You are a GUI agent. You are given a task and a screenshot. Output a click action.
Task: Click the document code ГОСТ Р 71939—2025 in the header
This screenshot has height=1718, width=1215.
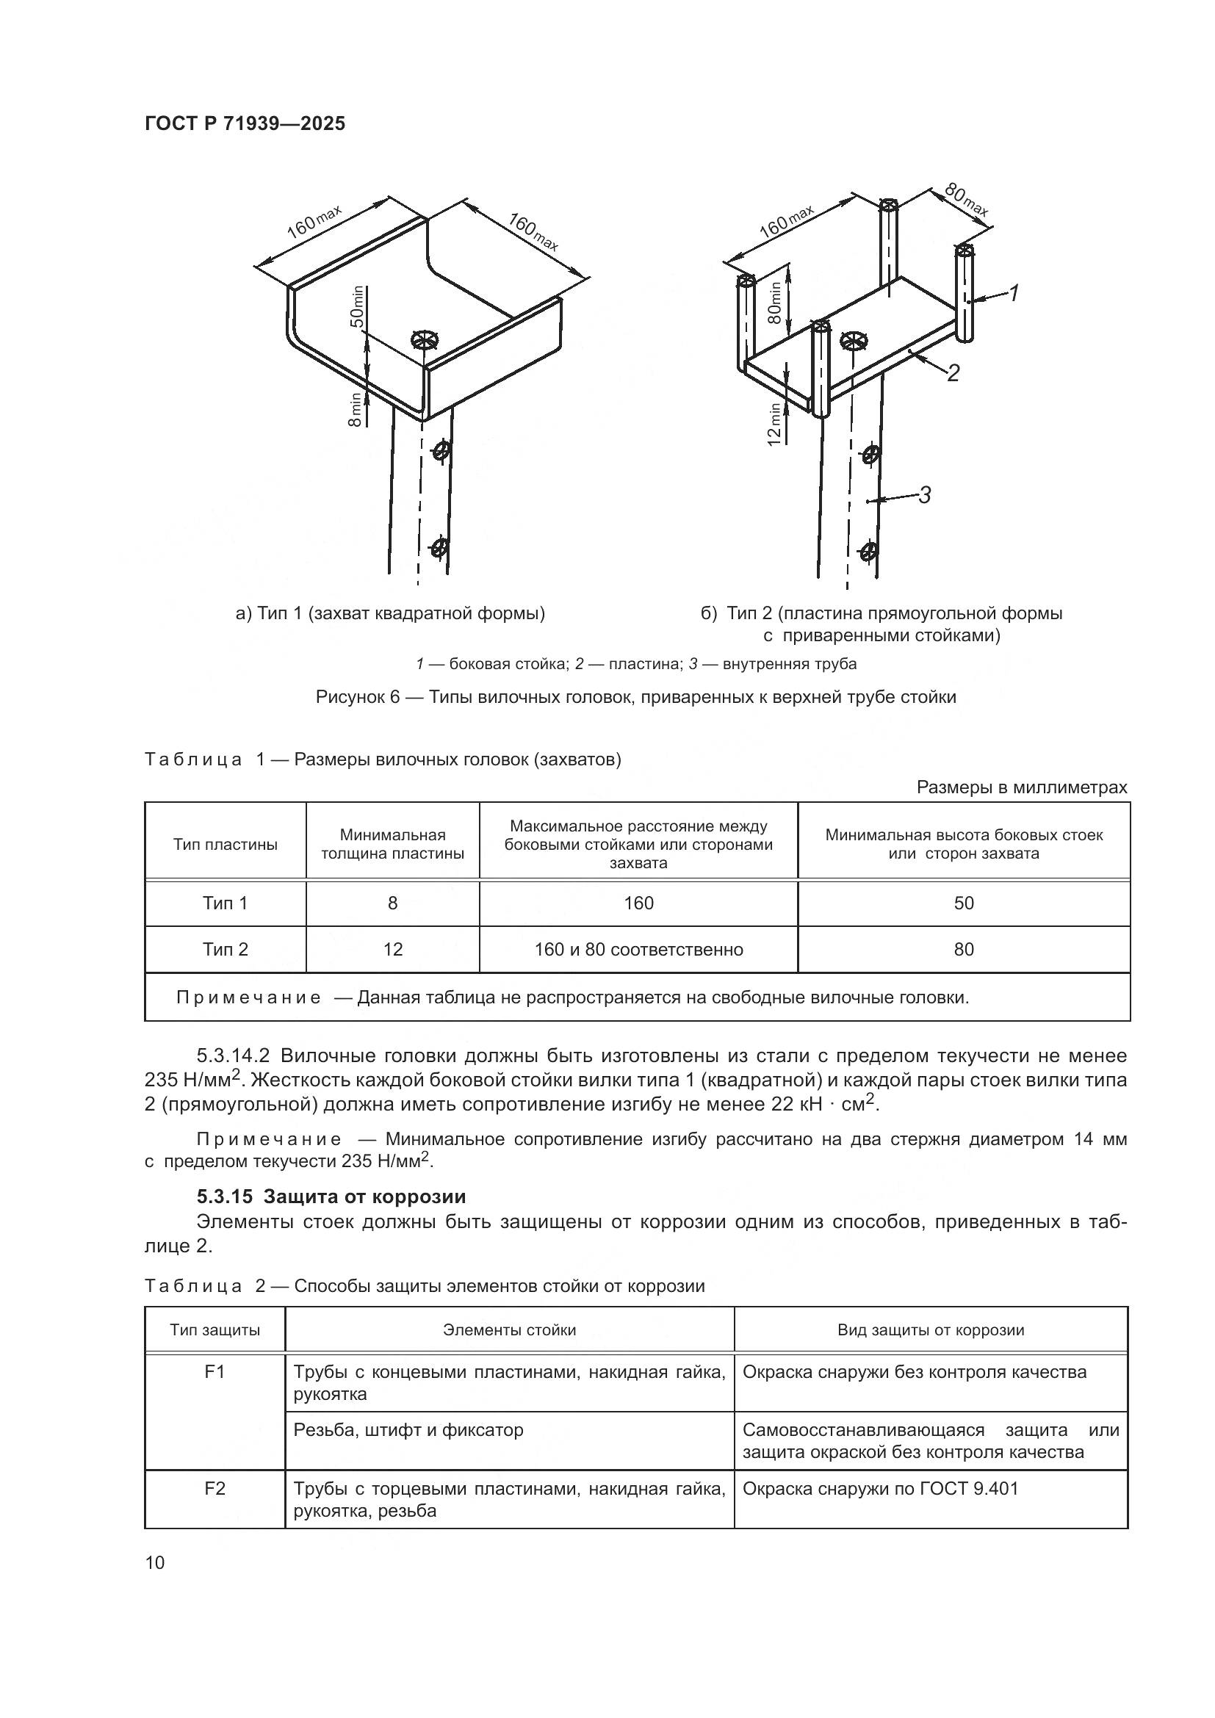(245, 124)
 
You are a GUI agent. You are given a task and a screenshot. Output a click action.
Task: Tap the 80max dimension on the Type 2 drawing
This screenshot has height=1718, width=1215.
(965, 200)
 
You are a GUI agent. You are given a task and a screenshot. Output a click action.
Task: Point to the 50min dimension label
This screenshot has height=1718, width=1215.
(358, 307)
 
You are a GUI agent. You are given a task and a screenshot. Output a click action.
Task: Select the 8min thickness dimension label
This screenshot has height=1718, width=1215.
(356, 409)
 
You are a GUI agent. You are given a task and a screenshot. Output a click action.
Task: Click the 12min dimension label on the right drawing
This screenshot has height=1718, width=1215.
(775, 425)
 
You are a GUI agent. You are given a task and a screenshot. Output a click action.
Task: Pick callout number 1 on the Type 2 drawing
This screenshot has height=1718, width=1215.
(1013, 294)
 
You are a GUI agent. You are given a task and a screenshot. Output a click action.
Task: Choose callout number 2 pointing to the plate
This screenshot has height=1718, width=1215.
(953, 372)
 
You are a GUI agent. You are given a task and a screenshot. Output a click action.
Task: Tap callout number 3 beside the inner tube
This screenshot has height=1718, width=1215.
(925, 494)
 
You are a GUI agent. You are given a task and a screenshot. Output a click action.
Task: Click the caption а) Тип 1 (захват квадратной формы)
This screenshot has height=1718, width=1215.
(390, 614)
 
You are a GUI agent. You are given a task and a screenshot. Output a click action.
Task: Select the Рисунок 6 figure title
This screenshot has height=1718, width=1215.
(635, 697)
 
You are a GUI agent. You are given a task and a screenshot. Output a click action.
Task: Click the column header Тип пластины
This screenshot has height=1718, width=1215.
(226, 845)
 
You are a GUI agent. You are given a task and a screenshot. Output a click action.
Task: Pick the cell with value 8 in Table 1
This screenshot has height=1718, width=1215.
(392, 903)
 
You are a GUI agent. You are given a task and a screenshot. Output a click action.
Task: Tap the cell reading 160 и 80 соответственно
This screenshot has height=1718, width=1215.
(638, 950)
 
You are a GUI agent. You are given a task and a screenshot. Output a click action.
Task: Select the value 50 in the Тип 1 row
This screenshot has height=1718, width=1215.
(963, 903)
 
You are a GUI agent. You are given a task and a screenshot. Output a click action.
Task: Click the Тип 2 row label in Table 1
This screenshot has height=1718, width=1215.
(226, 950)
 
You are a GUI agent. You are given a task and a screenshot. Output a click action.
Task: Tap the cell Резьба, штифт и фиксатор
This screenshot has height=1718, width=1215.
(408, 1430)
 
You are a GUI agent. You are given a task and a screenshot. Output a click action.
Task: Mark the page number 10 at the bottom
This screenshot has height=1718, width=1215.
(155, 1562)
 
